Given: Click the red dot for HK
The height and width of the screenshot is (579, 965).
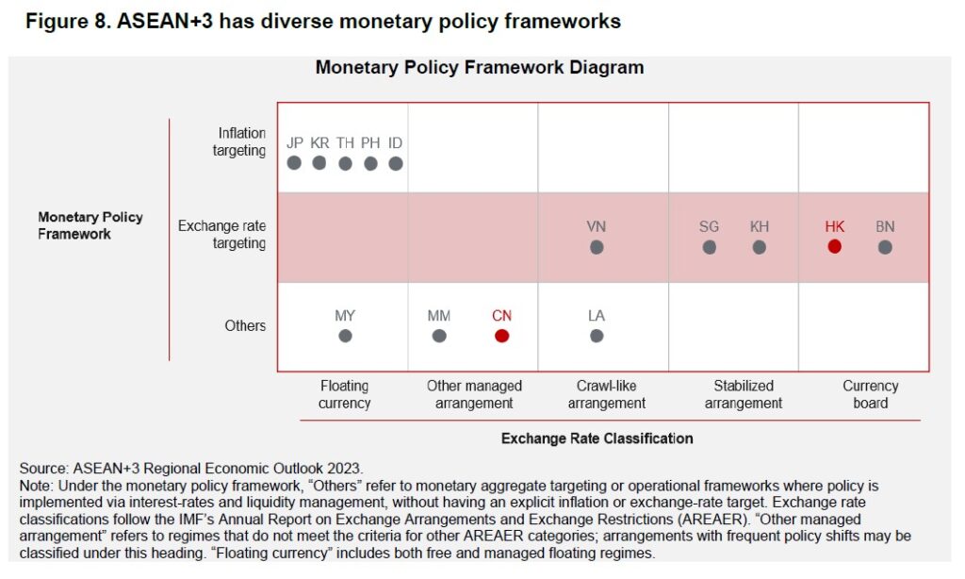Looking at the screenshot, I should coord(834,247).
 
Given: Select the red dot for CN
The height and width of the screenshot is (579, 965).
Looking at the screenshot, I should coord(501,335).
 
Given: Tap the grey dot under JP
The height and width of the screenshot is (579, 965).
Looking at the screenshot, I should coord(294,162).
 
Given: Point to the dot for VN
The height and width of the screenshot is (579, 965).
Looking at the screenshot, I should coord(596,247).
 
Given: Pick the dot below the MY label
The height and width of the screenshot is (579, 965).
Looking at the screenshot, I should coord(345,335).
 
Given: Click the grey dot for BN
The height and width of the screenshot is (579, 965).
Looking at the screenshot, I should coord(885,247).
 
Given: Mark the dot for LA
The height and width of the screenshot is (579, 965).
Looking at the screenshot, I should coord(596,335).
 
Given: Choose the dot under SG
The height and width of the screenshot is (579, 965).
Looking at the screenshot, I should coord(709,247).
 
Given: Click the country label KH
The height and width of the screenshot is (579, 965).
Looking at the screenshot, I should coord(759,227).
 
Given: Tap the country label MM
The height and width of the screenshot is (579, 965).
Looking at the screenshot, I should coord(438,316).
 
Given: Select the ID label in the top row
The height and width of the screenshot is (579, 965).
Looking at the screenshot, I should coord(395,143).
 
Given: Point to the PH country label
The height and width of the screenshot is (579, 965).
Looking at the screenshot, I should coord(370,143).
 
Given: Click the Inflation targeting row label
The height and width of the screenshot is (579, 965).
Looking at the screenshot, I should coord(240,141).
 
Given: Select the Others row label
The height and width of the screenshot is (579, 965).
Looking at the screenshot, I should coord(245,325).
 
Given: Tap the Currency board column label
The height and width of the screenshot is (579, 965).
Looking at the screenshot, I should coord(870,394).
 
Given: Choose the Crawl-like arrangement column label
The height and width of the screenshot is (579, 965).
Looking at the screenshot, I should coord(606,394).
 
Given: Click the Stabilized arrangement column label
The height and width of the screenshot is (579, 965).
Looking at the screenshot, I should coord(743,394).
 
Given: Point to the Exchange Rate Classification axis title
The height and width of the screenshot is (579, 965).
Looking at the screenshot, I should coord(597,438).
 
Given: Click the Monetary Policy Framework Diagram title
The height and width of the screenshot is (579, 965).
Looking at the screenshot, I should coord(480,68).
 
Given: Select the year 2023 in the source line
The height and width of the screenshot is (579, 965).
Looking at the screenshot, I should coord(343,468).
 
